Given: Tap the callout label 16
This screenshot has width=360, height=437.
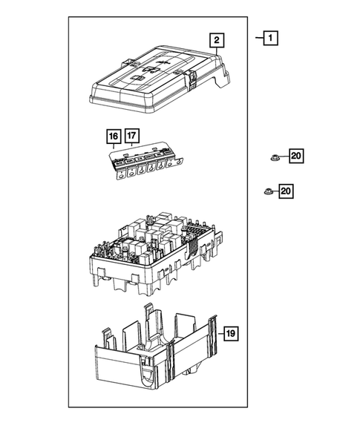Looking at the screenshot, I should tap(114, 137).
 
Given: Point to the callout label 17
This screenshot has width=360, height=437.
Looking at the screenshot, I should tap(131, 137).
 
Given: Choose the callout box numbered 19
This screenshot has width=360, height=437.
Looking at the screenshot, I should tap(231, 335).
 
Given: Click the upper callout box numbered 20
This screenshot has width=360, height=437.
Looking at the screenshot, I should tap(296, 156).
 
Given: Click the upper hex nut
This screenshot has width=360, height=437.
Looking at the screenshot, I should tap(273, 157).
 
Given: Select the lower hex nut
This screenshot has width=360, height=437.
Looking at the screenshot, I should tap(267, 192).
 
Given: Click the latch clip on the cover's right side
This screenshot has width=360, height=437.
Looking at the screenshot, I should tap(191, 79).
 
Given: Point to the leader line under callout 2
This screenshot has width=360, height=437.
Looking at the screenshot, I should tap(216, 51).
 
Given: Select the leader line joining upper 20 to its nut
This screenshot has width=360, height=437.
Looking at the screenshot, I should tap(284, 157).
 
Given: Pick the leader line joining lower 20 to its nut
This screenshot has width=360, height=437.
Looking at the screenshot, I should tap(275, 192).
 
